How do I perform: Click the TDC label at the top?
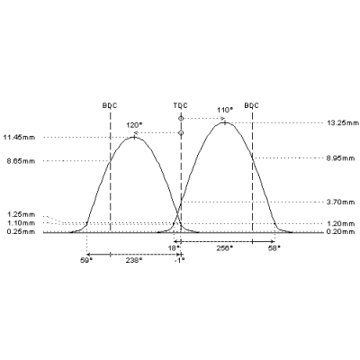click(x=181, y=105)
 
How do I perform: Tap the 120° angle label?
click(x=133, y=125)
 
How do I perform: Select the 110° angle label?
click(x=225, y=110)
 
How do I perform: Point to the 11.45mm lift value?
click(x=19, y=138)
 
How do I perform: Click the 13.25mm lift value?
click(x=343, y=122)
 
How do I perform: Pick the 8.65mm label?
click(x=21, y=161)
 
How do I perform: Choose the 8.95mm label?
click(x=340, y=158)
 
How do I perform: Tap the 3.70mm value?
click(x=340, y=202)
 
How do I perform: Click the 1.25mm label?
click(x=22, y=215)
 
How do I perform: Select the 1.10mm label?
click(x=22, y=223)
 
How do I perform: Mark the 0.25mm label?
click(x=21, y=232)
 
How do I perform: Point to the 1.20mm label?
click(x=340, y=224)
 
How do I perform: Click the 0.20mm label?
click(x=340, y=231)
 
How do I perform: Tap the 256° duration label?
click(x=225, y=248)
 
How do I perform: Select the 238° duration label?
click(x=133, y=261)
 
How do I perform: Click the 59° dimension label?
click(x=86, y=261)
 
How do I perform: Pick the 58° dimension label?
click(x=274, y=248)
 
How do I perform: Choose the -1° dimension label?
click(x=180, y=260)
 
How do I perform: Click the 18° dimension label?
click(x=174, y=248)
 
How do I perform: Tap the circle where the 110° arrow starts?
click(x=181, y=119)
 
